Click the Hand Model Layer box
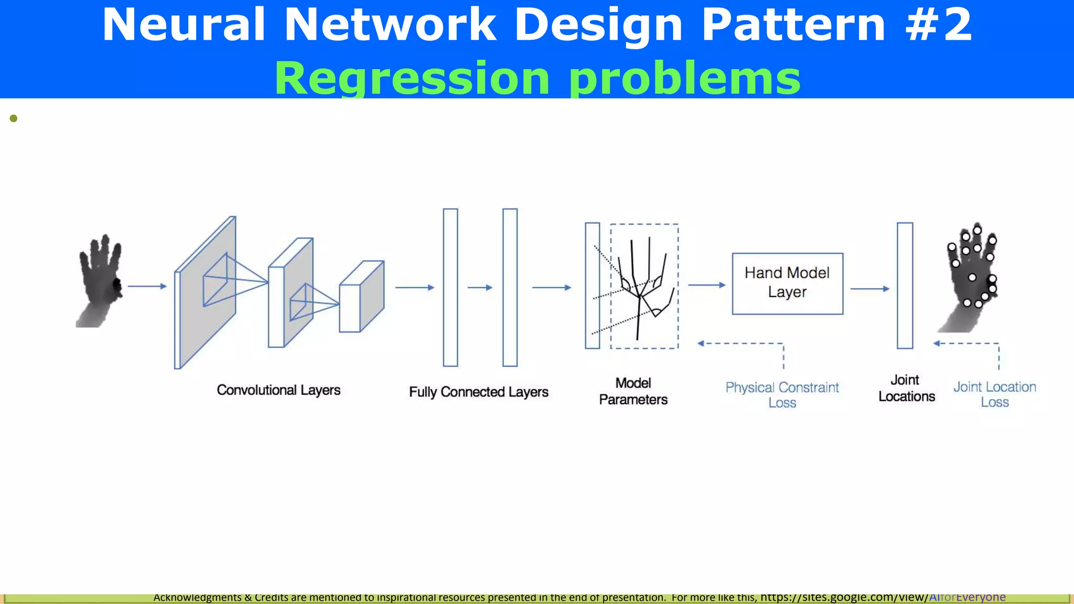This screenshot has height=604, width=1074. pos(787,284)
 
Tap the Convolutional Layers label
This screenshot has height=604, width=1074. pos(278,390)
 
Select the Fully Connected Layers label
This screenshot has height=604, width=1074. pos(478,392)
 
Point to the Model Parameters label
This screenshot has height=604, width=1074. pos(633,391)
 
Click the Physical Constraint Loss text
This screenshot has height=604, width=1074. pos(782,395)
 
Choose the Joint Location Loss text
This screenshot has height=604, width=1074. pos(994,394)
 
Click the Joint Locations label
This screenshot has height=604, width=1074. pos(906,388)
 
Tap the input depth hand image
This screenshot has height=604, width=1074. pos(100,281)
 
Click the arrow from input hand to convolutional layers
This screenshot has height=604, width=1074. pos(147,286)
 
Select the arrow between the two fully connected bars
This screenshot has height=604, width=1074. pos(480,287)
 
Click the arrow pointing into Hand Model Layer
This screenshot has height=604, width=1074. pos(707,285)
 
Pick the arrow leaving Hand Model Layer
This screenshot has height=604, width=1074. pos(869,288)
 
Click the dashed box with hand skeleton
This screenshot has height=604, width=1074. pos(644,286)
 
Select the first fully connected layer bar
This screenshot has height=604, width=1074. pos(450,287)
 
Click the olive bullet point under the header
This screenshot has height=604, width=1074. pos(14,118)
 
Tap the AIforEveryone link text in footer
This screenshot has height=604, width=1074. pos(967,597)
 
